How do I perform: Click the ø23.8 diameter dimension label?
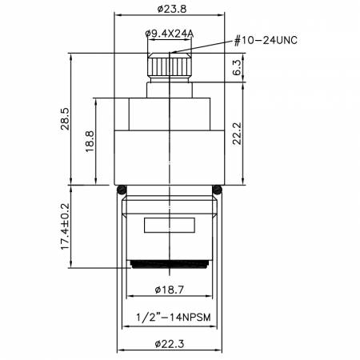[x=172, y=9]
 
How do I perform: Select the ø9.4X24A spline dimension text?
[x=170, y=34]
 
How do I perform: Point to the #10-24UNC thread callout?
[x=266, y=41]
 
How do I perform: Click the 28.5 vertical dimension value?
[x=65, y=118]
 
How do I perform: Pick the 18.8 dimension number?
[x=90, y=142]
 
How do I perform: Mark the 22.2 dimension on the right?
[x=237, y=134]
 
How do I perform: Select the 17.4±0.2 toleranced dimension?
[x=65, y=226]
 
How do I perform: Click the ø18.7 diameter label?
[x=170, y=290]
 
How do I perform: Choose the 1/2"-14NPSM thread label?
[x=174, y=318]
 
